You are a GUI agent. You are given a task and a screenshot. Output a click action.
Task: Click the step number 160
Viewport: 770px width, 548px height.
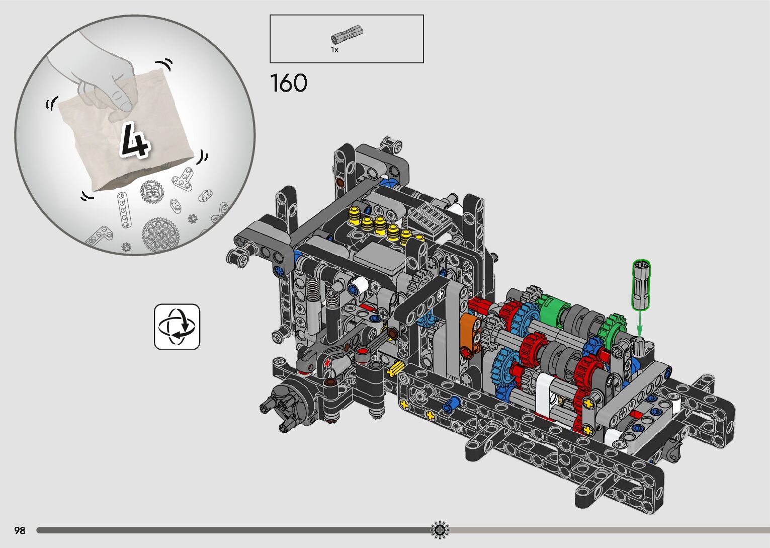(289, 83)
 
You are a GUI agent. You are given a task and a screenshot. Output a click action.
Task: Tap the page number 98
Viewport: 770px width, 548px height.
(20, 530)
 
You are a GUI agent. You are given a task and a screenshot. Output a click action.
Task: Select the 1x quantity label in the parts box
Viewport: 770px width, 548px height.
(334, 50)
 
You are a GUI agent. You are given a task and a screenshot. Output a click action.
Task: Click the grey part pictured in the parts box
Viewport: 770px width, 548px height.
(347, 34)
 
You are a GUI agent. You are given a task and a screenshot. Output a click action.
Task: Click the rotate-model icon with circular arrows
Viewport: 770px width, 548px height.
(177, 327)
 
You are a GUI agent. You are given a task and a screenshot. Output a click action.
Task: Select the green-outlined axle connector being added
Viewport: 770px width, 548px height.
(641, 284)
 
